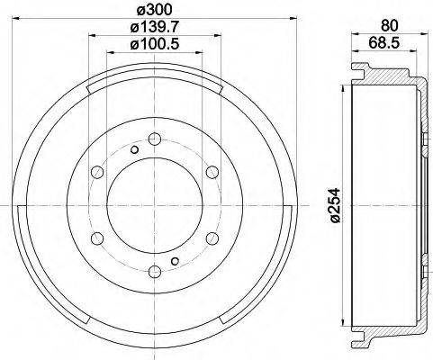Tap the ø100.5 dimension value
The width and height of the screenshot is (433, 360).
point(154,46)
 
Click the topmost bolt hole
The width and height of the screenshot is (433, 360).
point(154,139)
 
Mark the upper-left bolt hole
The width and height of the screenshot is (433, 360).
point(97,171)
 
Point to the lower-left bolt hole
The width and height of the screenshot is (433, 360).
point(97,237)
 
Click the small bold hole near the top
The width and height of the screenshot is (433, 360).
point(134,149)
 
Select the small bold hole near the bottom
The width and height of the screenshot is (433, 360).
point(175,261)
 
